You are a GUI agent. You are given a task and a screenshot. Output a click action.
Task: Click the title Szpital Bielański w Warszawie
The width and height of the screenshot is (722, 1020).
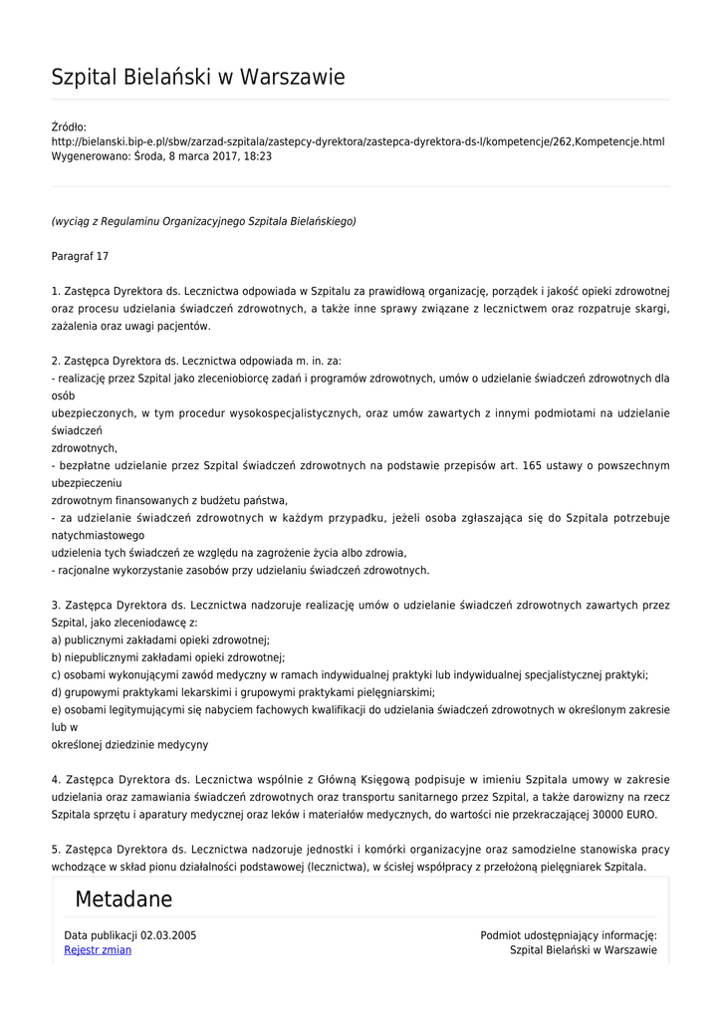click(198, 77)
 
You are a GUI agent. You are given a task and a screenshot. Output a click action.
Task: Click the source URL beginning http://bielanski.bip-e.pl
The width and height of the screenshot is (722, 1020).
click(358, 141)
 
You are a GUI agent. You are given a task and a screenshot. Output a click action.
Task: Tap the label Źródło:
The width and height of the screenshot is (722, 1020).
click(69, 127)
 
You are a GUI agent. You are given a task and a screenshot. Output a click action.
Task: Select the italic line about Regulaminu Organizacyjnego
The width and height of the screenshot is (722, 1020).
click(203, 221)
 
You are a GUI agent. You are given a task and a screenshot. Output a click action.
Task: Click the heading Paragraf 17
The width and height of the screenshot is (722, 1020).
click(80, 256)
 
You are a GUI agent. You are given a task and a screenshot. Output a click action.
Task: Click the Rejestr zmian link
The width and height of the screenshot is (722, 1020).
click(98, 950)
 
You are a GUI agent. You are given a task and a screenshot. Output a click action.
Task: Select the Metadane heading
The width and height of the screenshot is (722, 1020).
click(123, 899)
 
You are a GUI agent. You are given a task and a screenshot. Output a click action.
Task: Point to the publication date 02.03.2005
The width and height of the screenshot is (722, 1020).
click(168, 935)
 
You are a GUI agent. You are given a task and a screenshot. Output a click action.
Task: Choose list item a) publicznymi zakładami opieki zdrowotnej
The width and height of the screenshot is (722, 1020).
click(160, 640)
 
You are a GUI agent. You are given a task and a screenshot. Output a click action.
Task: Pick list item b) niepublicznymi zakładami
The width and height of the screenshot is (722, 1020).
click(168, 657)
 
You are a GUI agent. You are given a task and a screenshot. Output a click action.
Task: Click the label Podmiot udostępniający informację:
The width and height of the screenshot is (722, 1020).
click(569, 935)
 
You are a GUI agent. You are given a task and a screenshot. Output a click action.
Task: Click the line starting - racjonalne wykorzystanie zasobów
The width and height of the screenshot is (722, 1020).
click(240, 570)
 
